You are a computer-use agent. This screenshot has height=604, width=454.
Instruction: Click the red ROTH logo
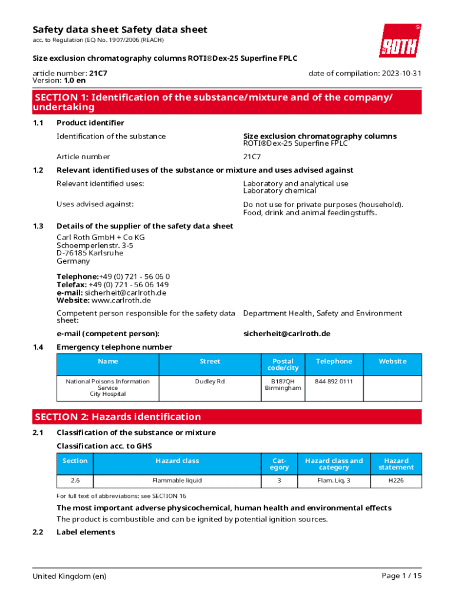400,41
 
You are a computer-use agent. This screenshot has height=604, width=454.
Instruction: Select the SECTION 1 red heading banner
227,102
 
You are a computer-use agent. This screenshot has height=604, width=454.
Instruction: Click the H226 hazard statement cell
396,481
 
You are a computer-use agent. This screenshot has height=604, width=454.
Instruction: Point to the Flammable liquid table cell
177,481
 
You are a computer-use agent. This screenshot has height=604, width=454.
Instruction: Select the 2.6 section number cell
75,481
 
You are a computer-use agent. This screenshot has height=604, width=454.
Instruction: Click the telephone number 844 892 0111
334,382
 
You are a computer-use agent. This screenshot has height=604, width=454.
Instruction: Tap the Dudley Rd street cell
210,382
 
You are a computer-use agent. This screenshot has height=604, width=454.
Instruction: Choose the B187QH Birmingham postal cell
283,385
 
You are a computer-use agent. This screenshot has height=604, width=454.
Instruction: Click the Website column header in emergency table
392,362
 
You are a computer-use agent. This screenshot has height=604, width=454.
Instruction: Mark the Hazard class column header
177,461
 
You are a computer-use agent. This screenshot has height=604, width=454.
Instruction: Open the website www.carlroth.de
117,300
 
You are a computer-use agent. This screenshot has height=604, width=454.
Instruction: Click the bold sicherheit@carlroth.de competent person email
287,333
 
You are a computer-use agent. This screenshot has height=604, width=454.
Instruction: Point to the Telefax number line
112,284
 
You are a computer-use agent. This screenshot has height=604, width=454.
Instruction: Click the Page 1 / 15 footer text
402,576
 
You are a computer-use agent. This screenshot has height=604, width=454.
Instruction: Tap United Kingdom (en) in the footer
70,576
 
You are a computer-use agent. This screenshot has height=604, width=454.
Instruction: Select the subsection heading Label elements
85,532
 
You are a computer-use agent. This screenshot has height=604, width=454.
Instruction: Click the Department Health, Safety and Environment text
323,313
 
